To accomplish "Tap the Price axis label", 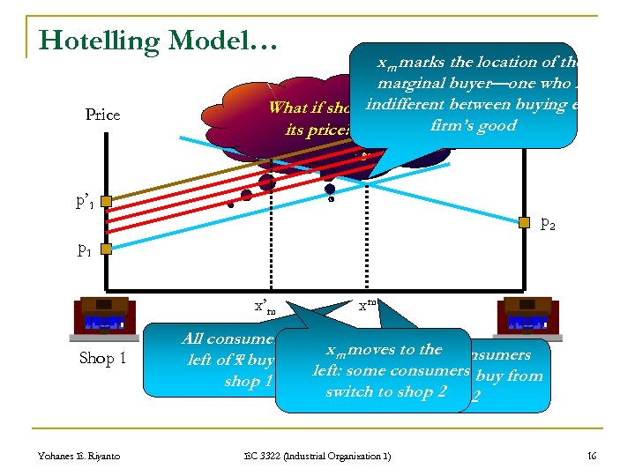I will [103, 115].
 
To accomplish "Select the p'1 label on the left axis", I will [86, 203].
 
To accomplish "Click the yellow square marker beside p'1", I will [105, 202].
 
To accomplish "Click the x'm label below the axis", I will [265, 306].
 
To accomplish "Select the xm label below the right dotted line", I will [368, 305].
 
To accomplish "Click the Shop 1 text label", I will [103, 358].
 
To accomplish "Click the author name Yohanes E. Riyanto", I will [79, 455].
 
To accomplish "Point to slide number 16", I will [593, 455].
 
